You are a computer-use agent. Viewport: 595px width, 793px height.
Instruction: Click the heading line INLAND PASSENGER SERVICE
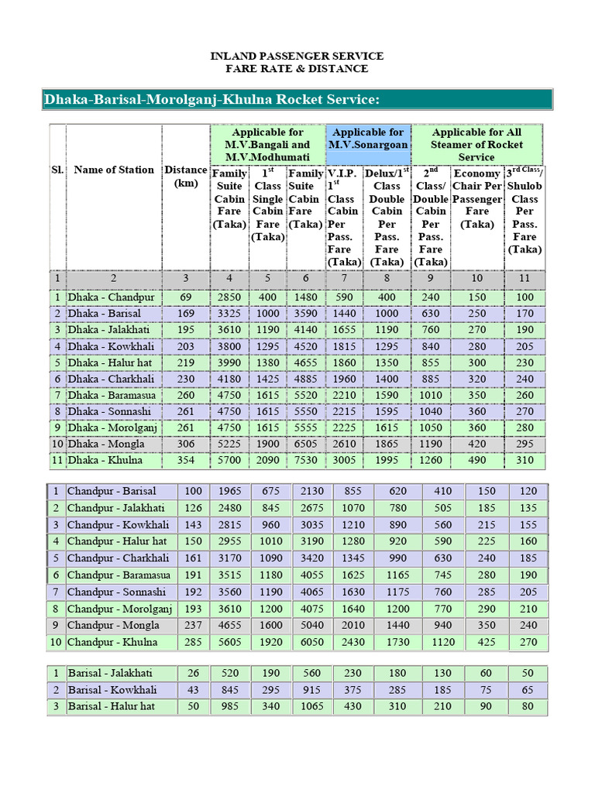tap(297, 57)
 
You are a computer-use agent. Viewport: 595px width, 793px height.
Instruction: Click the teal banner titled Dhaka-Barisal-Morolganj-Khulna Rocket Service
tap(212, 100)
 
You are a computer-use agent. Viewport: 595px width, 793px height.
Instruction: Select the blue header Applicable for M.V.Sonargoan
tap(368, 139)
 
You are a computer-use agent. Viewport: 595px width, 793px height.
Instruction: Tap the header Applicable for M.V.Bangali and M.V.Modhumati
tap(267, 145)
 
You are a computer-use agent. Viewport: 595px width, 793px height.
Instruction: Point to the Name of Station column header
tap(114, 170)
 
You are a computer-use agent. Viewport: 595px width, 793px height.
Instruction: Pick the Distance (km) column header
tap(185, 177)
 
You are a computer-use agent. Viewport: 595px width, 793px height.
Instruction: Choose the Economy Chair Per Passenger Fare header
tap(476, 198)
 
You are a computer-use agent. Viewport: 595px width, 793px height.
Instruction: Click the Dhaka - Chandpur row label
tap(111, 297)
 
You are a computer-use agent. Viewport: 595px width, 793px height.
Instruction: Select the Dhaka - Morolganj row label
tap(113, 427)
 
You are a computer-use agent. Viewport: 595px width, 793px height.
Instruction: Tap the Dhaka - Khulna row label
tap(106, 460)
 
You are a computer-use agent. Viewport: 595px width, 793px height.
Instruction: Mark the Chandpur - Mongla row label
tap(113, 625)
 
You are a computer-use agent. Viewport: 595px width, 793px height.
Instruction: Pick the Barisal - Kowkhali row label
tap(112, 689)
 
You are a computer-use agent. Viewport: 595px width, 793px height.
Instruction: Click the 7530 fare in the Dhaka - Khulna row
tap(306, 460)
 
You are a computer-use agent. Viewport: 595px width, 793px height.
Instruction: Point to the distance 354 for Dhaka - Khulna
tap(185, 460)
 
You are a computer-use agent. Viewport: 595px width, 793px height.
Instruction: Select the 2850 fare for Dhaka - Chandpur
tap(229, 297)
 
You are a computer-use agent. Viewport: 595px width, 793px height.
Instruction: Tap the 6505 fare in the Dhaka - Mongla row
tap(306, 444)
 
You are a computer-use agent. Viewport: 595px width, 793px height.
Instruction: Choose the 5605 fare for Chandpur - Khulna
tap(231, 642)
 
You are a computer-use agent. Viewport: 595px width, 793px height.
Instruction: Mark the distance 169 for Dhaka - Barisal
tap(185, 314)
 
